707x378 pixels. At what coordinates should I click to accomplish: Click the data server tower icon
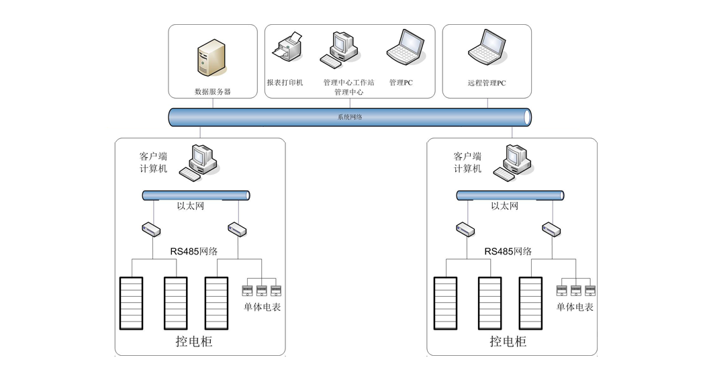coord(210,58)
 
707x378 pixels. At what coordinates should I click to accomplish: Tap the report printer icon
coord(287,48)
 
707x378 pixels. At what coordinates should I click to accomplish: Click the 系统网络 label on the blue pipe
coord(349,117)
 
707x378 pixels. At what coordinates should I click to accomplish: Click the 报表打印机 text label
coord(285,83)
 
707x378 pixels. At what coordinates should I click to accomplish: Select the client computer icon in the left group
coord(199,162)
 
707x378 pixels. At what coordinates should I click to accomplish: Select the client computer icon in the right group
coord(513,162)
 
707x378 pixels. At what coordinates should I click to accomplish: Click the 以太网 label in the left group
coord(191,206)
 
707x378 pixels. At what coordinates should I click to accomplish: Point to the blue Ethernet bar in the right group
coord(510,195)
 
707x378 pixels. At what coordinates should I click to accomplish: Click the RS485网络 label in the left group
coord(193,251)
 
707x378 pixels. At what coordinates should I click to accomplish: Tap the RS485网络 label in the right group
coord(508,251)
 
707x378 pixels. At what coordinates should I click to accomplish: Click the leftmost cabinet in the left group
coord(131,302)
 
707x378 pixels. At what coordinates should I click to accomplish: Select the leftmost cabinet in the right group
coord(445,302)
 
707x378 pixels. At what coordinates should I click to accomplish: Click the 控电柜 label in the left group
coord(194,341)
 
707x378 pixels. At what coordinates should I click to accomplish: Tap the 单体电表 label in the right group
coord(575,307)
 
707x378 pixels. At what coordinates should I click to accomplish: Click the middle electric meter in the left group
coord(261,291)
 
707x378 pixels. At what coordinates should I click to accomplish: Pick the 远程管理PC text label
coord(487,83)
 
